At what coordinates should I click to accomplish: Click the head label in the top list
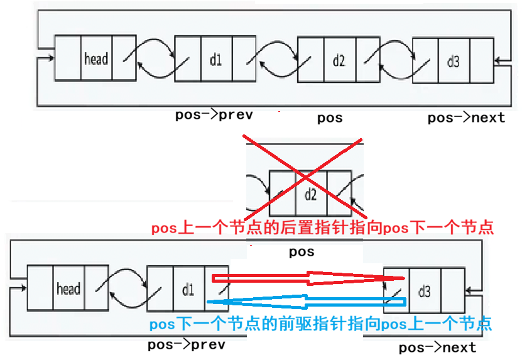point(96,59)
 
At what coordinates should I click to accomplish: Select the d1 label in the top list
point(215,60)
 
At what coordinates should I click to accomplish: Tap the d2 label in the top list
point(339,60)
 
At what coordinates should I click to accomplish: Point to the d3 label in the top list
point(453,61)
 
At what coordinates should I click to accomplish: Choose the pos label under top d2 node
point(330,117)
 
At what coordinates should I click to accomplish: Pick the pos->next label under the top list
point(466,117)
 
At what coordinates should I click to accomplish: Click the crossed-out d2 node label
point(311,194)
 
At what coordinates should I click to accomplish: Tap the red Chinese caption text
point(322,227)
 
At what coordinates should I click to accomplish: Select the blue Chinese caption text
point(320,325)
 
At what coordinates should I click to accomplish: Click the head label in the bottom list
point(68,289)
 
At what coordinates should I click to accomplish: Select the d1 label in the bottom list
point(188,290)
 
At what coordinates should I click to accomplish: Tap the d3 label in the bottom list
point(424,291)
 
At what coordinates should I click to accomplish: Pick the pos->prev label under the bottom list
point(187,344)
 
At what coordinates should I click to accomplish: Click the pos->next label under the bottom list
point(437,347)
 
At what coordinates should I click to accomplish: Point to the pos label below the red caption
point(302,253)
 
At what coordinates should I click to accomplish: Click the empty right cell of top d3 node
point(480,60)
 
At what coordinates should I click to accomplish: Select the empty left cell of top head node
point(68,59)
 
